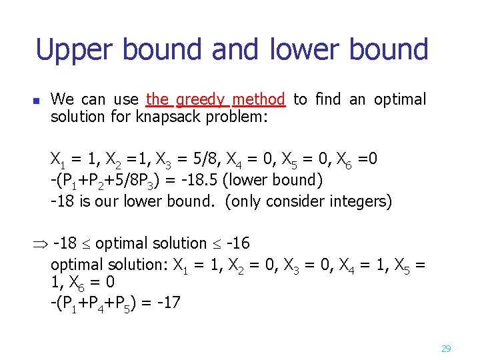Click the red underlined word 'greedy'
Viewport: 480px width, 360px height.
pyautogui.click(x=203, y=100)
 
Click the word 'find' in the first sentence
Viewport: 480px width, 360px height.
pyautogui.click(x=329, y=100)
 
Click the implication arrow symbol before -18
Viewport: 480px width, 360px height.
pyautogui.click(x=41, y=244)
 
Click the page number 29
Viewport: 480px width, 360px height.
pyautogui.click(x=446, y=348)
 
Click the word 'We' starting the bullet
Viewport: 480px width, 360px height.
pyautogui.click(x=62, y=100)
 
